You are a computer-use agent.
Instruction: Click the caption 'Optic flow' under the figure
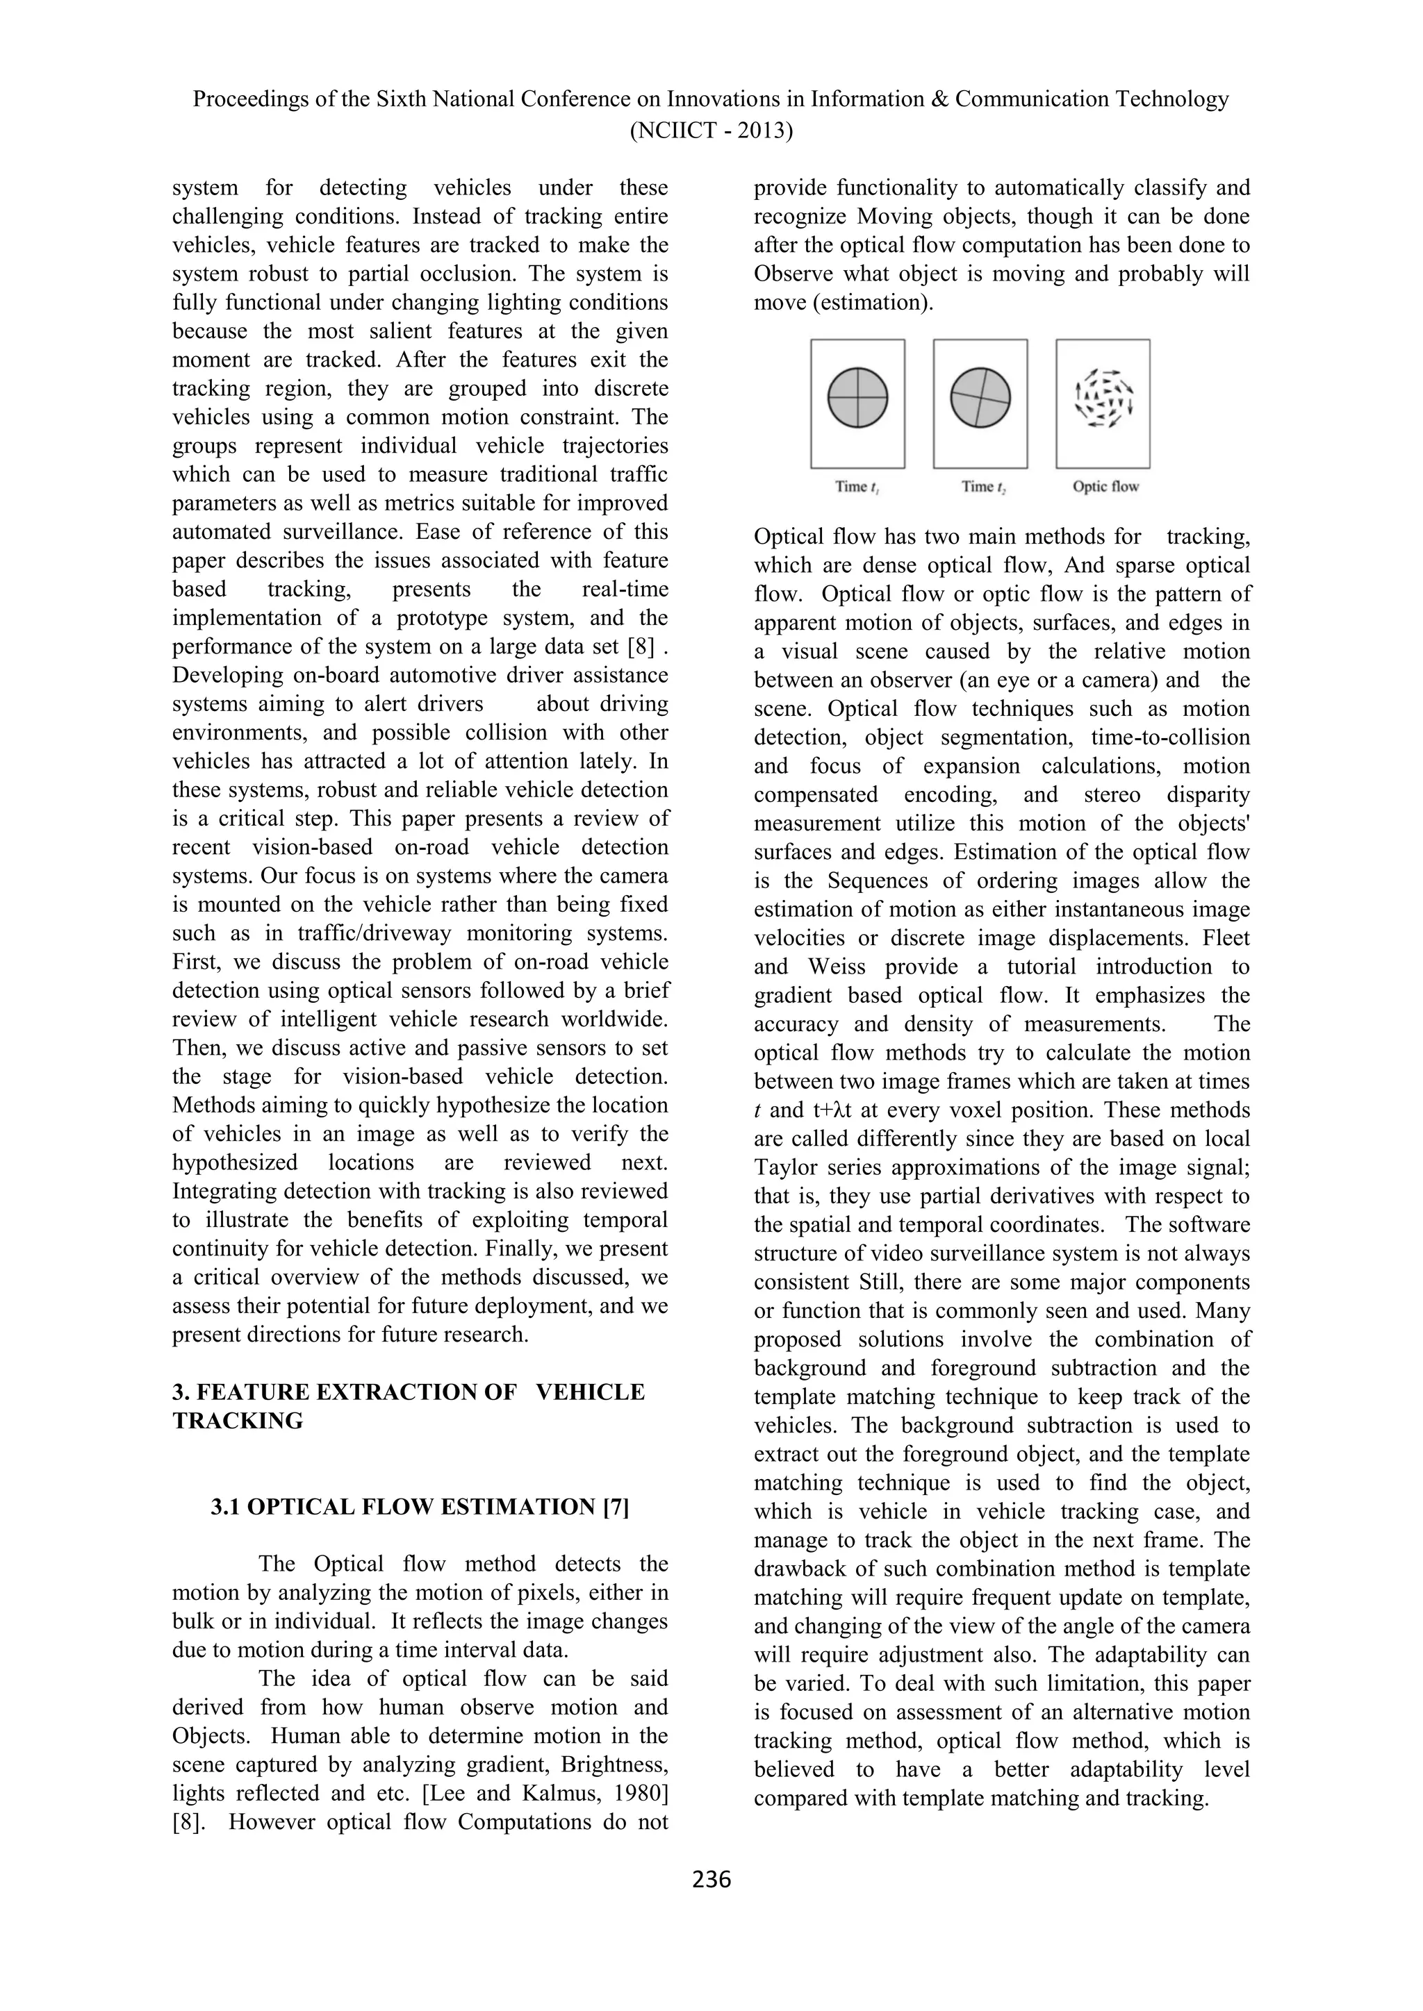pyautogui.click(x=1105, y=487)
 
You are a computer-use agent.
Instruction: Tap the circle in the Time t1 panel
pyautogui.click(x=858, y=398)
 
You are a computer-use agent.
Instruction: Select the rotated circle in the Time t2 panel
pyautogui.click(x=980, y=398)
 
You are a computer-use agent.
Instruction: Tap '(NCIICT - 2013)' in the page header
pyautogui.click(x=711, y=131)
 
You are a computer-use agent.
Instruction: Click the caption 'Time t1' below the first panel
pyautogui.click(x=857, y=487)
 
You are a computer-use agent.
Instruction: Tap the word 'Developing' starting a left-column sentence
pyautogui.click(x=228, y=675)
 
